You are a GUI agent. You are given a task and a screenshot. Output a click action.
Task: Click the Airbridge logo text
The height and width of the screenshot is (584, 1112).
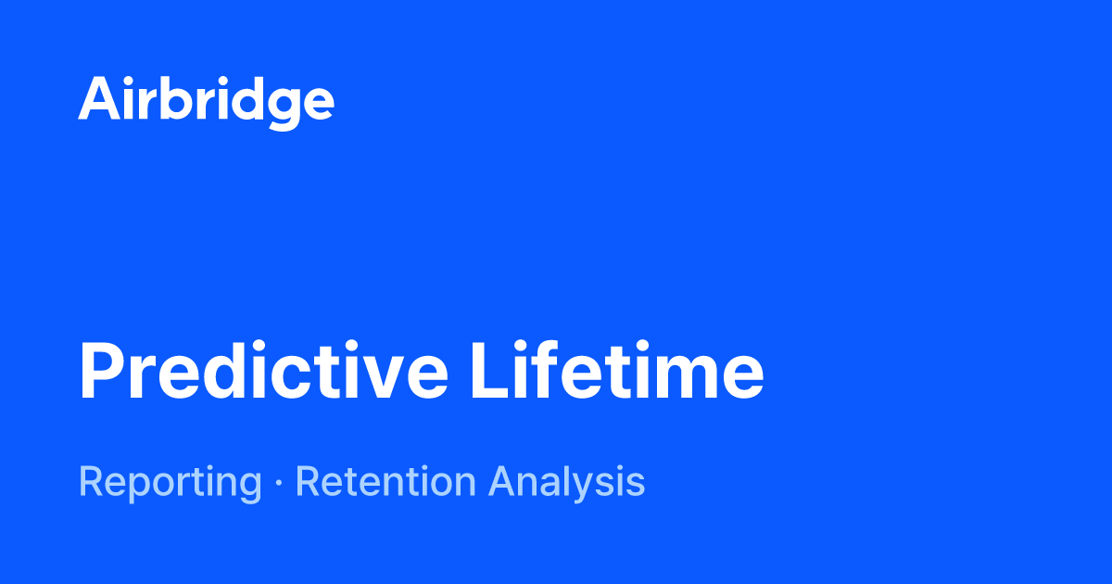[x=206, y=100]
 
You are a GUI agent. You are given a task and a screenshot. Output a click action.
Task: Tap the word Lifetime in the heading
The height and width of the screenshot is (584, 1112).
[x=616, y=371]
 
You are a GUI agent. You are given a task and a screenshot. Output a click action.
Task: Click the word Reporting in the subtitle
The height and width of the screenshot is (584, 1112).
[x=170, y=483]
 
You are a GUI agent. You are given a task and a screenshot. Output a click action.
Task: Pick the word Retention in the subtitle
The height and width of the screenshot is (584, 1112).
[x=386, y=482]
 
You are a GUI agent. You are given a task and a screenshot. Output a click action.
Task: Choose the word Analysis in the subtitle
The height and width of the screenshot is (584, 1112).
[x=566, y=483]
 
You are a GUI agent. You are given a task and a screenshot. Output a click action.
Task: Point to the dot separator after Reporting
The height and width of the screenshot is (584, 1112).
[x=278, y=484]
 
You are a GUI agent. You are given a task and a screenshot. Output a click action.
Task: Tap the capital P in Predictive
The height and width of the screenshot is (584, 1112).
[x=102, y=371]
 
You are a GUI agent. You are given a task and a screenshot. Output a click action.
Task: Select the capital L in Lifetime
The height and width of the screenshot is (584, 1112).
[x=490, y=371]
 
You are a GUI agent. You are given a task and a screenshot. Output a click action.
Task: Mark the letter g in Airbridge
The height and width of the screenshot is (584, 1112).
[x=278, y=105]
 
